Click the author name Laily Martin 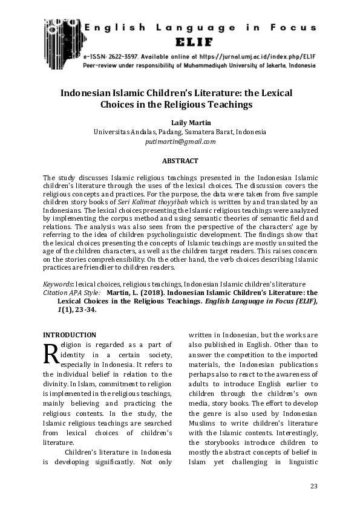[x=180, y=122]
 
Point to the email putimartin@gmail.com [x=180, y=141]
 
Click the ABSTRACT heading [x=180, y=161]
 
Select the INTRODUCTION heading [x=69, y=335]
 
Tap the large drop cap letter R [x=50, y=353]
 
